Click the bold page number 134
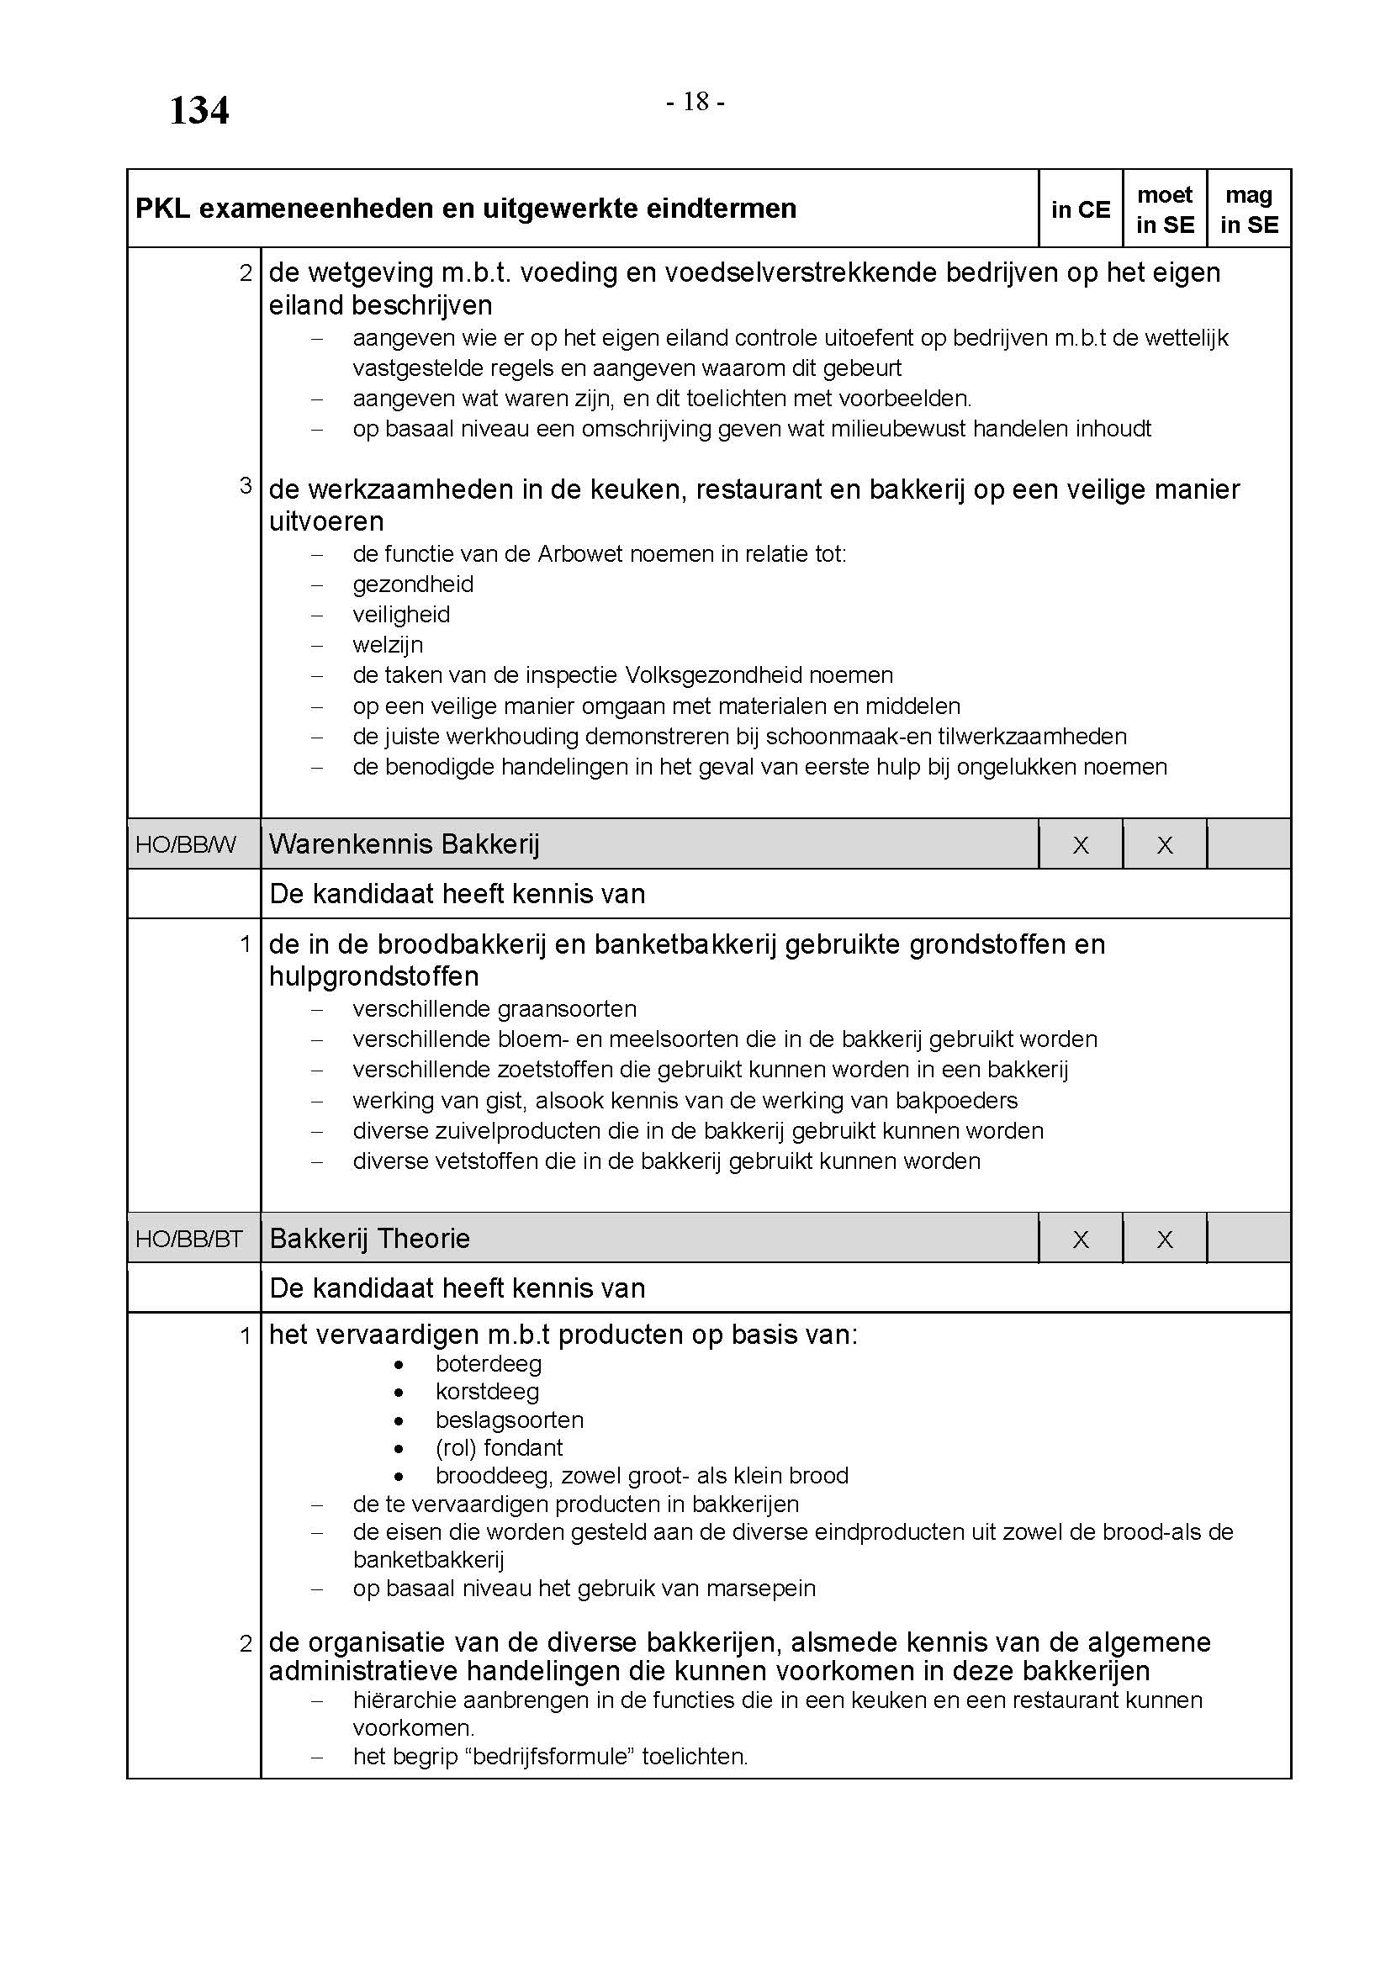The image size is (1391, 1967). (198, 111)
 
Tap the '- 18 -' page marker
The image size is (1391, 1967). (695, 103)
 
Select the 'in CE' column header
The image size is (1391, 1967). (1080, 210)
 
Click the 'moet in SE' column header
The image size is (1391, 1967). (1165, 210)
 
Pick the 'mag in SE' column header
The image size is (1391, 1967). (1249, 210)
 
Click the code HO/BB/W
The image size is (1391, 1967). (186, 844)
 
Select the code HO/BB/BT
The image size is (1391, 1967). (189, 1239)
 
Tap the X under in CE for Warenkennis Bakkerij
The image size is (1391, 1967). (1081, 845)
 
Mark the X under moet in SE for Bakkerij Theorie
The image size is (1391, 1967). (1165, 1240)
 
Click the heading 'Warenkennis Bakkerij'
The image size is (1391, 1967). (405, 844)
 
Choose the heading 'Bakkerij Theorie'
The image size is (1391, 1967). (369, 1239)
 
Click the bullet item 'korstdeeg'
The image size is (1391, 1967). (488, 1392)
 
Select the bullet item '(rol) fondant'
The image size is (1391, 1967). (500, 1448)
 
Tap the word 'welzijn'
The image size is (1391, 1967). (388, 645)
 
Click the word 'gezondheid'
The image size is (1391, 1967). (413, 584)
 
